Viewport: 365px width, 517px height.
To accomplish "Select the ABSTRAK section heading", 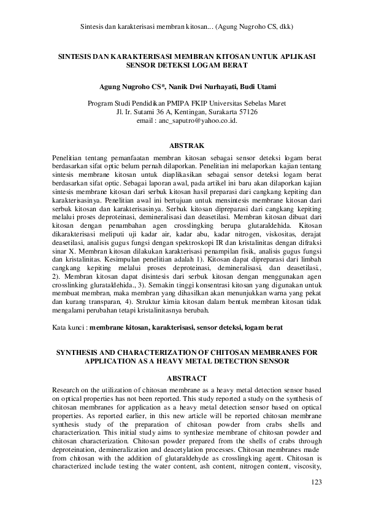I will coord(182,146).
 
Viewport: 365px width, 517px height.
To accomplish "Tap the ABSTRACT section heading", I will coord(182,378).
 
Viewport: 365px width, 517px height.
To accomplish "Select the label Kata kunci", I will coord(69,328).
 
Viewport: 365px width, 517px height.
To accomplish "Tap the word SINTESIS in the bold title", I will coord(76,55).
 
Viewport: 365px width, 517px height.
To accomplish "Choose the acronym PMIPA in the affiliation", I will coord(173,104).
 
